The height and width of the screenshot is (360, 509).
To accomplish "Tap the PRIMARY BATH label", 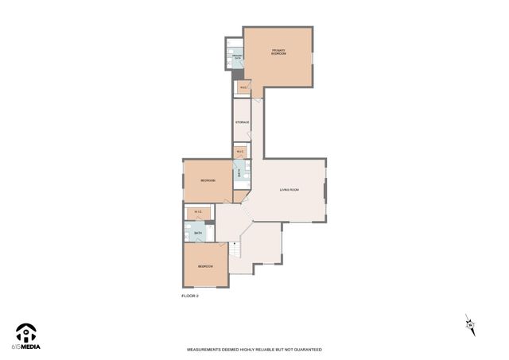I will pos(237,56).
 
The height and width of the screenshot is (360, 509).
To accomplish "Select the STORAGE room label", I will pos(242,122).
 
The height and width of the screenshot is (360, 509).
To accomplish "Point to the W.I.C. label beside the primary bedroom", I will pos(243,87).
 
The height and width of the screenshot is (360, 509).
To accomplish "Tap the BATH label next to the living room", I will pos(238,172).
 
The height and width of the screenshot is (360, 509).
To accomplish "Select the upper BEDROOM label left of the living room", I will pos(208,181).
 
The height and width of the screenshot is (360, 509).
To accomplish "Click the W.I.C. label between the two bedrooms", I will pos(196,212).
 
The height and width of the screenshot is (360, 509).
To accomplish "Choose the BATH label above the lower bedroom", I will pos(196,233).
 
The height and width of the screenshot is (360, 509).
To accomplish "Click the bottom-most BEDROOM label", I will pos(205,265).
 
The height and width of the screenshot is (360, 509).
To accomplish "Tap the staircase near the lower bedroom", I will pos(235,254).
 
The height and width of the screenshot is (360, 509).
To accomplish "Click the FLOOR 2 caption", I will pos(190,296).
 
